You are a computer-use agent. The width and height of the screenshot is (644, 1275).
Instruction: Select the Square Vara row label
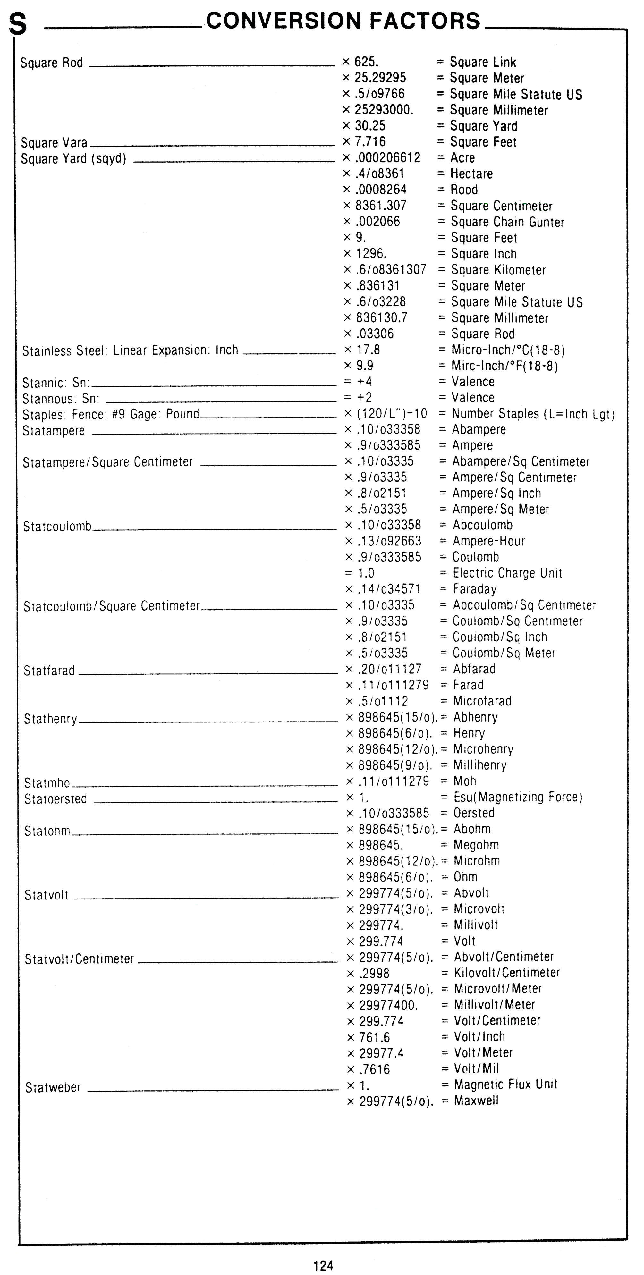coord(54,143)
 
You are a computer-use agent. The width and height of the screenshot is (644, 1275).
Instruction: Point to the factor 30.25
coord(370,126)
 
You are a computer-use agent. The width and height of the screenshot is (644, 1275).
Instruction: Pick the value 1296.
coord(371,253)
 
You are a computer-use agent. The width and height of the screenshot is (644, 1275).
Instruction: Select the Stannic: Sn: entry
coord(56,383)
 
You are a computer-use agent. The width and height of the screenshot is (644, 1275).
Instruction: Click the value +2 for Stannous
coord(365,397)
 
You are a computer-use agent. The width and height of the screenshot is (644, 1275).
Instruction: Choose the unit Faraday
coord(474,589)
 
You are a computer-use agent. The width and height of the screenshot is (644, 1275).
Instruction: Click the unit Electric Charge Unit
coord(507,573)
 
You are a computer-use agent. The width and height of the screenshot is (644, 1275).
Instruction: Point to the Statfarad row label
coord(49,671)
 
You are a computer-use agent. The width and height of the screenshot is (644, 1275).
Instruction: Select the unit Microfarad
coord(482,701)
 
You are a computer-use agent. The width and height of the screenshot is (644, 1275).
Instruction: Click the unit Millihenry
coord(480,765)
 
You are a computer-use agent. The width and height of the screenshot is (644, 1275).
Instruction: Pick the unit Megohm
coord(476,845)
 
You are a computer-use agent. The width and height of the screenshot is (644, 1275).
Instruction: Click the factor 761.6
coord(375,1037)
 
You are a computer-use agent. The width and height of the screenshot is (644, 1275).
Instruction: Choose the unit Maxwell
coord(476,1101)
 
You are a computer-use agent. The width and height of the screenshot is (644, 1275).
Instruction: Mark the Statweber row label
coord(53,1087)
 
